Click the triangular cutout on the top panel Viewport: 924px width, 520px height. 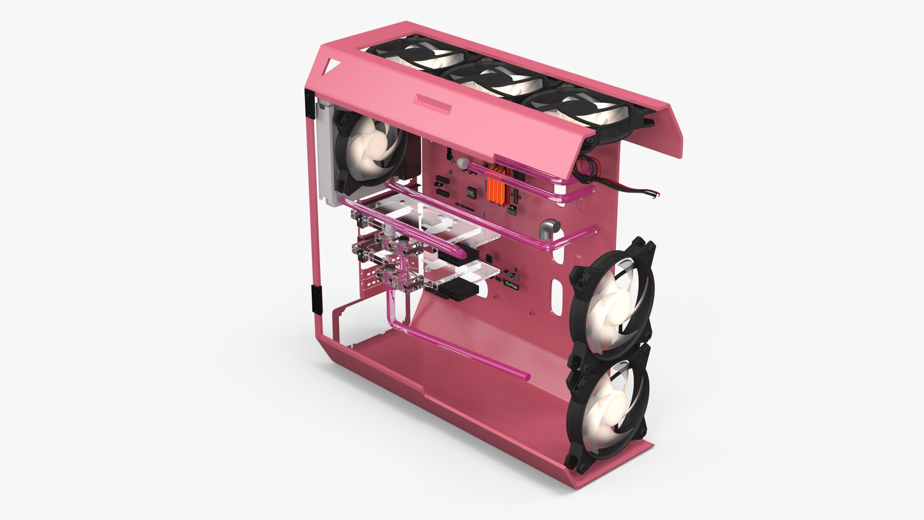[x=332, y=67]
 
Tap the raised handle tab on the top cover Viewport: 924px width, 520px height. [x=434, y=104]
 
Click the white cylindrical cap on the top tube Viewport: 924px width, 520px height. [x=463, y=163]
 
